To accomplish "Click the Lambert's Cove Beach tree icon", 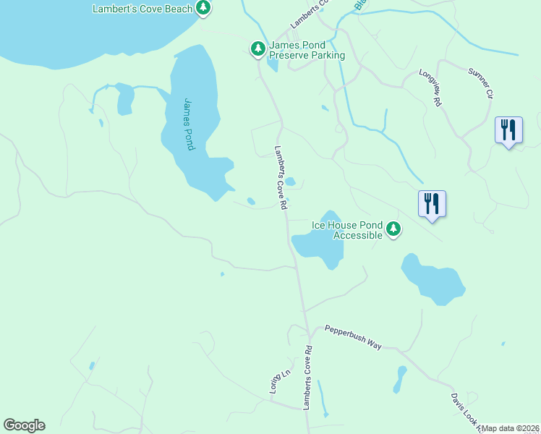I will [204, 8].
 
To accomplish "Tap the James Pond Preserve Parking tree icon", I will [257, 49].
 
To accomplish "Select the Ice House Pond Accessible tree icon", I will [393, 229].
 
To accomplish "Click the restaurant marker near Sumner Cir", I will [508, 131].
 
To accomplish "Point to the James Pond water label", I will [189, 124].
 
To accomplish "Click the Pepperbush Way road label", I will [352, 337].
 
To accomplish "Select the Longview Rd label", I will [430, 88].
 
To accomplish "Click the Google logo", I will [24, 425].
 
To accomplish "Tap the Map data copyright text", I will [511, 428].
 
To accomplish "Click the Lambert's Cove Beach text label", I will [143, 9].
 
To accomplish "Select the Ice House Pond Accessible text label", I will [346, 230].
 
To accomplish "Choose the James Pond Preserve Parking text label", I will [307, 50].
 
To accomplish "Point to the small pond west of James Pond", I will [124, 100].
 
